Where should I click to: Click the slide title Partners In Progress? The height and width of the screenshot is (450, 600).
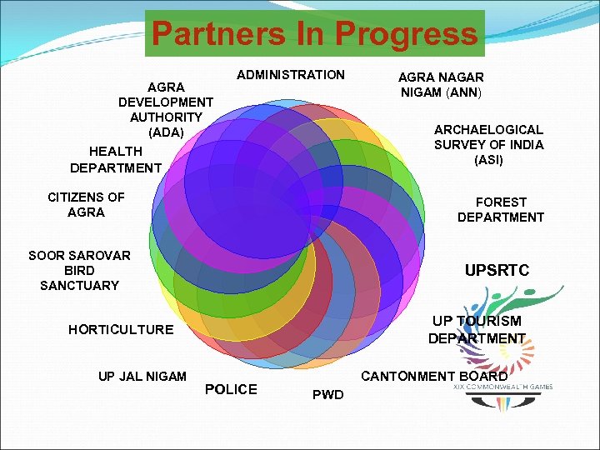click(314, 34)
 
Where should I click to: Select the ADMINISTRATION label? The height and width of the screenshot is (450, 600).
click(290, 75)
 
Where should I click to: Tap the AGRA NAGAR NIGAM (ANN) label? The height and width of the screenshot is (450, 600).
click(441, 84)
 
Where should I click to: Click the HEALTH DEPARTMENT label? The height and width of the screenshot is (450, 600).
click(116, 159)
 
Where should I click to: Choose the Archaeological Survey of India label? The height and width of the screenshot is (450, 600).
click(488, 144)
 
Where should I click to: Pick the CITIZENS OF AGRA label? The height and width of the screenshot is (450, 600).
click(86, 205)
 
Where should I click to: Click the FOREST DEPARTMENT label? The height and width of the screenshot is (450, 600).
click(500, 210)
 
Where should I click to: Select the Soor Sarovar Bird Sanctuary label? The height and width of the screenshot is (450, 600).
click(79, 270)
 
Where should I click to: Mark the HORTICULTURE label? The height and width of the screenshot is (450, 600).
click(121, 329)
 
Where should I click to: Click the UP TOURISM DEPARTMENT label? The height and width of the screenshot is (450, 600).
click(477, 329)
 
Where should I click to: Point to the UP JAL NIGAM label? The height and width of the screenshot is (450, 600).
click(142, 376)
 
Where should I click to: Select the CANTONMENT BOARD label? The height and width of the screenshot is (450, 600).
click(434, 376)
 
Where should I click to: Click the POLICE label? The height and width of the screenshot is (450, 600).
click(231, 389)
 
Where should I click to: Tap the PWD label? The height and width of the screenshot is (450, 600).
click(327, 394)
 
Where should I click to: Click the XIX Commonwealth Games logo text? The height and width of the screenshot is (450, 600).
click(503, 387)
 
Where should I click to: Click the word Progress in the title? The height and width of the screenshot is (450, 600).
click(406, 34)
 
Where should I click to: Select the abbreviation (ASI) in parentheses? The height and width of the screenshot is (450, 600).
click(488, 160)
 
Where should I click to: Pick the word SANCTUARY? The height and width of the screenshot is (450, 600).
click(79, 285)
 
